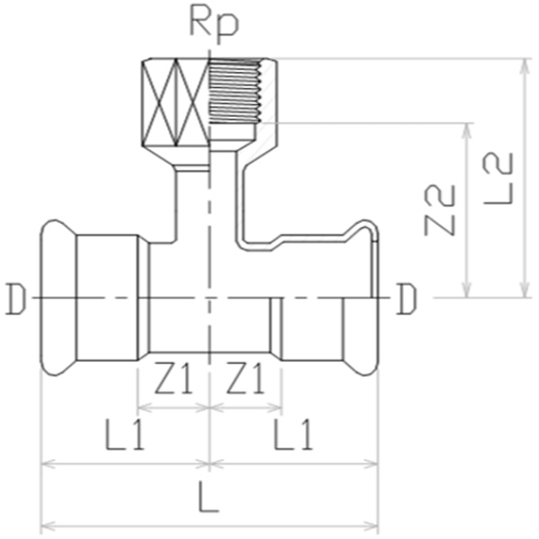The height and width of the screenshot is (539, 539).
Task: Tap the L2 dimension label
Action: click(x=499, y=179)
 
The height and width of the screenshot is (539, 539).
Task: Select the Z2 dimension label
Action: click(x=439, y=210)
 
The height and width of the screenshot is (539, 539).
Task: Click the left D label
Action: click(x=16, y=299)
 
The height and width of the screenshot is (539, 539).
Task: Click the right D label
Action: click(x=406, y=299)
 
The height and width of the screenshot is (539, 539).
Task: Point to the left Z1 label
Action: click(x=172, y=378)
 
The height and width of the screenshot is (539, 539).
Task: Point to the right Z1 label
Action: click(x=245, y=378)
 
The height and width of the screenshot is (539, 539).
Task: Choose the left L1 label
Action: click(x=125, y=434)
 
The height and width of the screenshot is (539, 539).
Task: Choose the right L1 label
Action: click(x=293, y=434)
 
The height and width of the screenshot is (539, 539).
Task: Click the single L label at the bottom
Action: click(x=208, y=497)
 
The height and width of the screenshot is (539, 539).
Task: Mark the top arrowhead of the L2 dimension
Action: click(x=525, y=66)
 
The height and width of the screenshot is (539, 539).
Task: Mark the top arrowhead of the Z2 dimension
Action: click(x=466, y=130)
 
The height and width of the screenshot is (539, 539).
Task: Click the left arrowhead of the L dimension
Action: click(x=49, y=526)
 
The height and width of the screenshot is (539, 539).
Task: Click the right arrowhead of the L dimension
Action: click(x=371, y=526)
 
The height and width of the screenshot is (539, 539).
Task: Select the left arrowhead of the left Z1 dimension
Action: click(x=145, y=409)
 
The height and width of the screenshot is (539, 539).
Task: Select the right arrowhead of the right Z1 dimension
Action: click(x=275, y=409)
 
